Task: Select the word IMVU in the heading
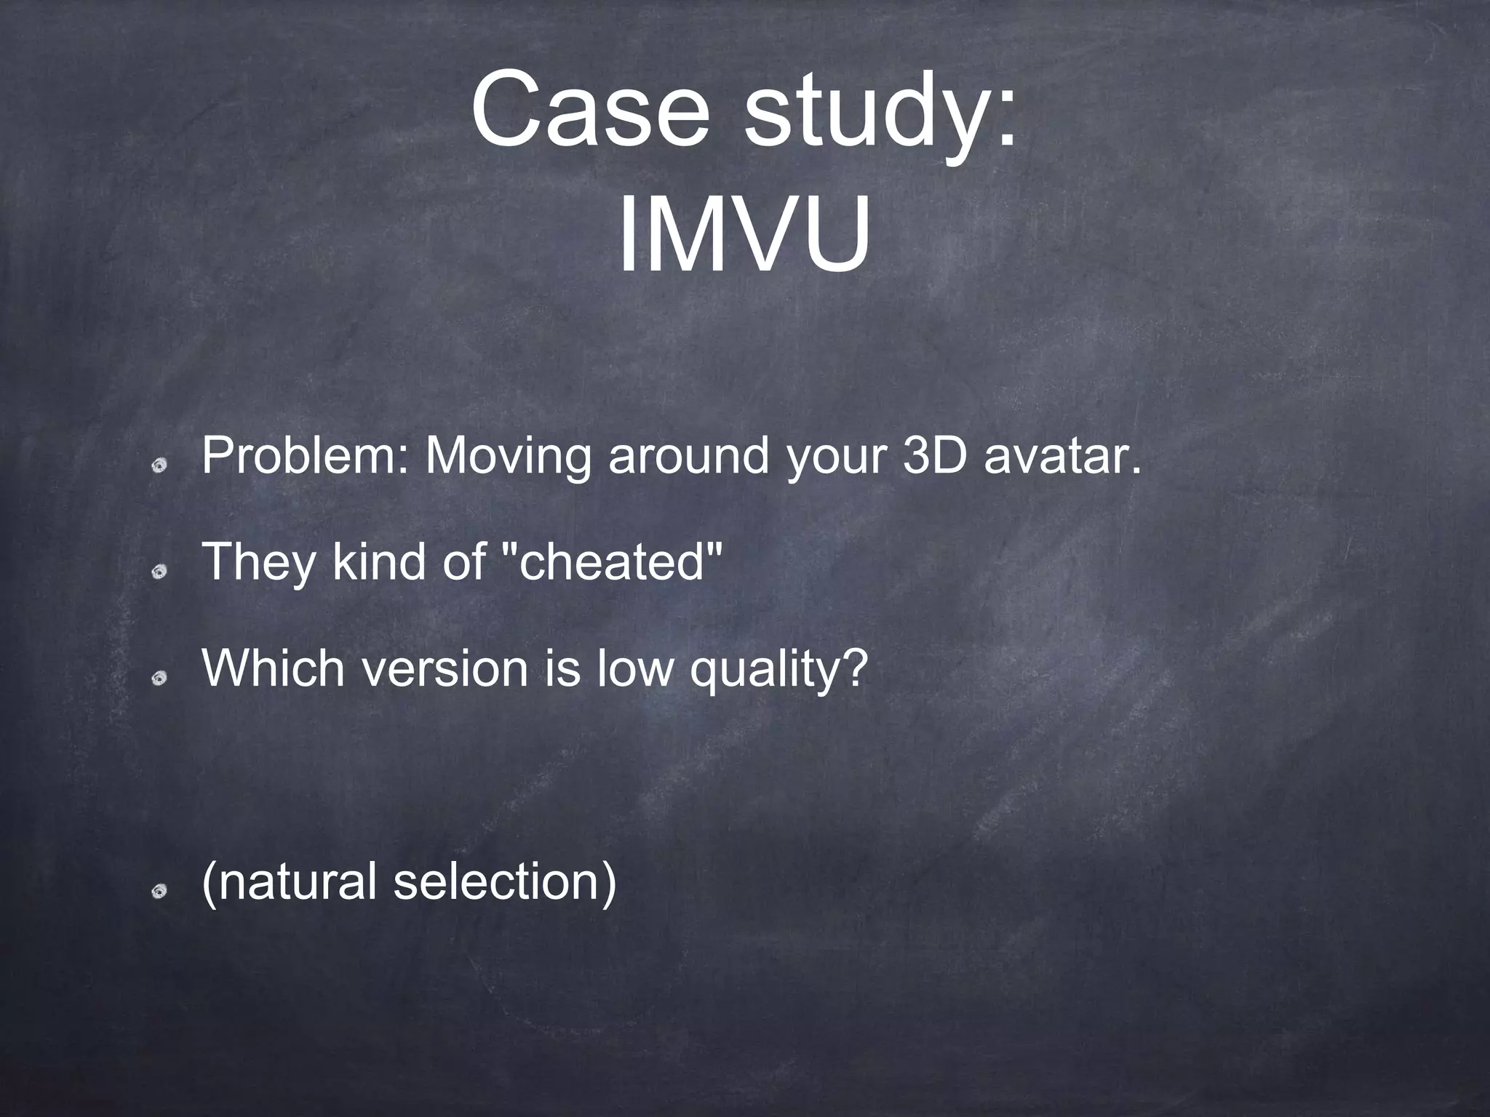coord(744,235)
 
